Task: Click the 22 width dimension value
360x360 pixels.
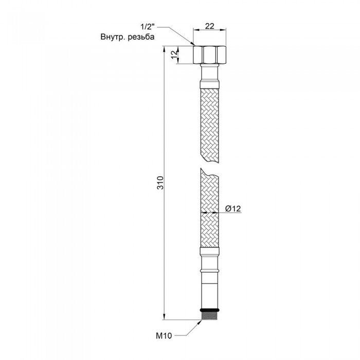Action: [209, 26]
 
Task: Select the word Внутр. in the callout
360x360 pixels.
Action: [113, 37]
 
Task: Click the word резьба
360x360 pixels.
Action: [141, 37]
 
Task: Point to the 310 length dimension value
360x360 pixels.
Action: [161, 183]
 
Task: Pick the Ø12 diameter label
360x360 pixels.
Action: [233, 208]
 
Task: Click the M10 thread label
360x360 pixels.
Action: [164, 336]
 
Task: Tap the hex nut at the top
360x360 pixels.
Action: [210, 55]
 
